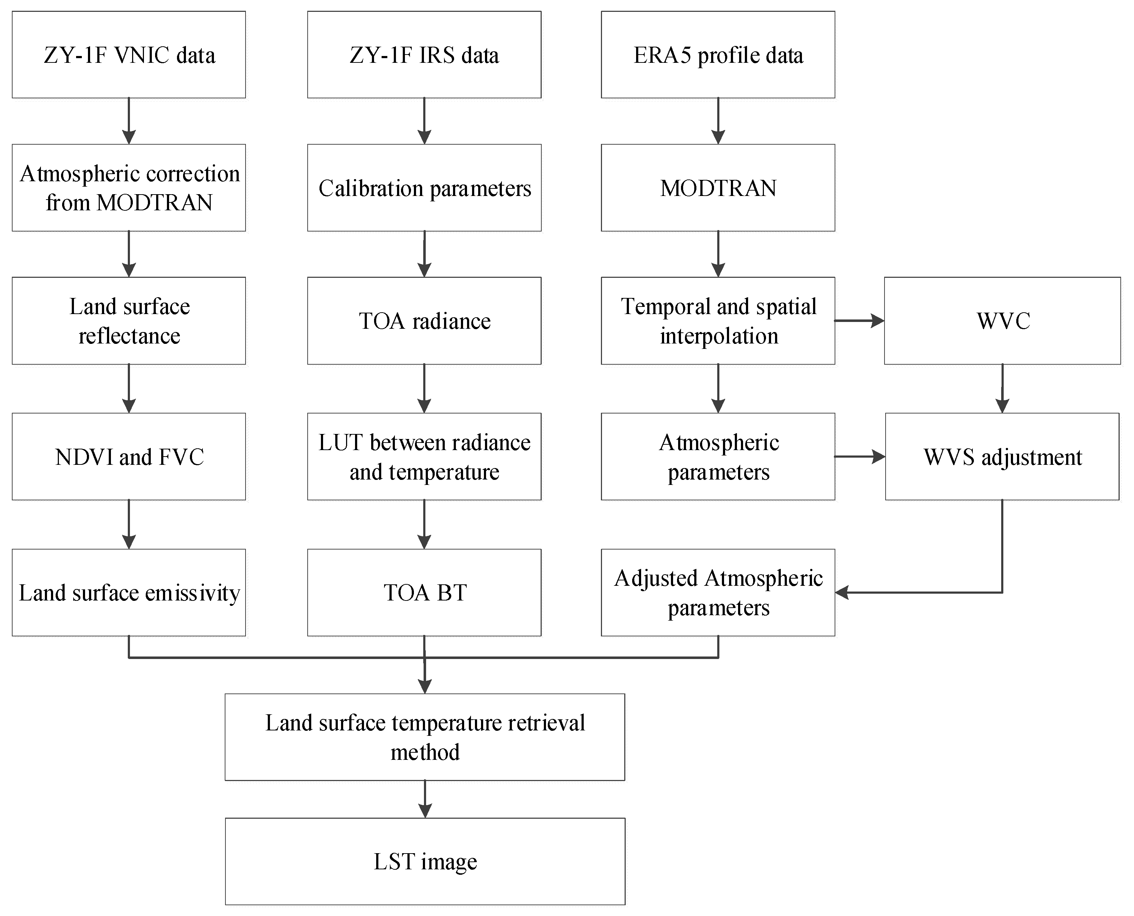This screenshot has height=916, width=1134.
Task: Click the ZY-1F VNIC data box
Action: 129,55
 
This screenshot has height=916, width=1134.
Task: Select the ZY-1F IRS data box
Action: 424,55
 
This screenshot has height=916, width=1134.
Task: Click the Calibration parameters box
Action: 424,188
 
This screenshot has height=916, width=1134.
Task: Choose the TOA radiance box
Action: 424,321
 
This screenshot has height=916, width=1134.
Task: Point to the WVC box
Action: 1003,321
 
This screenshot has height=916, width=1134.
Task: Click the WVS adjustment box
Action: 1002,457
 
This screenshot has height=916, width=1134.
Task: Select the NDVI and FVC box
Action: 129,457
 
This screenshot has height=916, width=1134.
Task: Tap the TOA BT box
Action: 424,593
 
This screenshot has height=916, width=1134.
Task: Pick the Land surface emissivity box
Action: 129,593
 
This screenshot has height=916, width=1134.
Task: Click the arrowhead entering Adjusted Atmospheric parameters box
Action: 842,593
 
